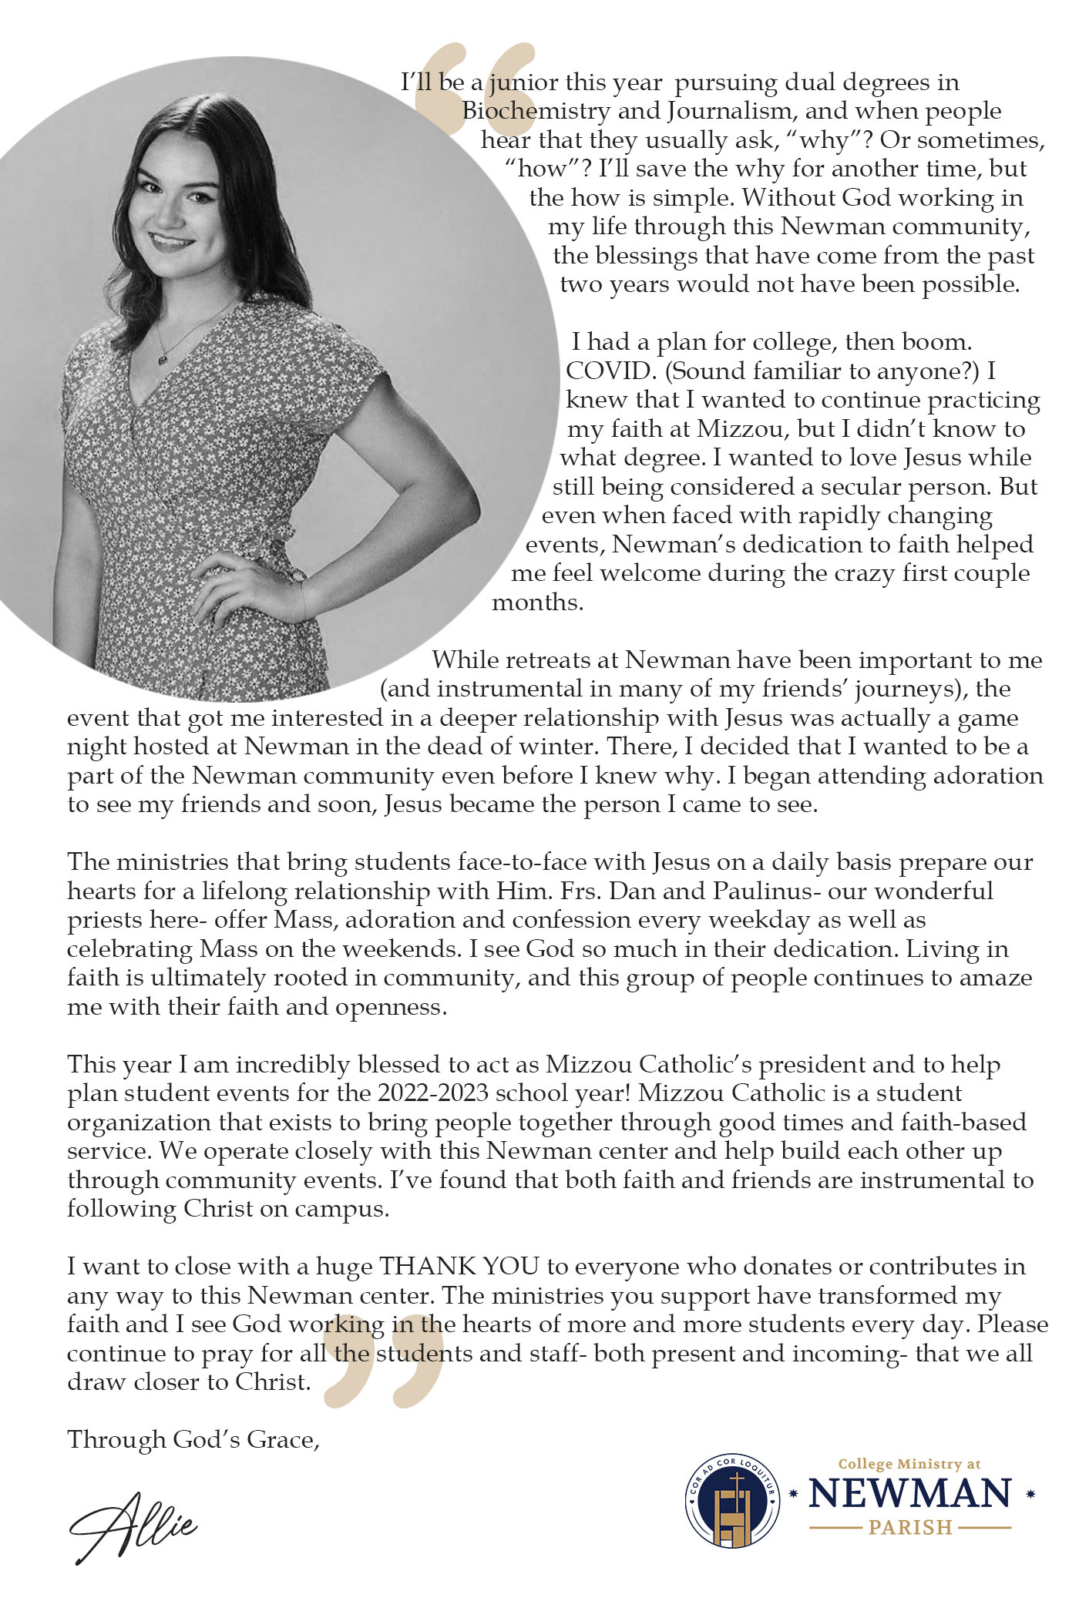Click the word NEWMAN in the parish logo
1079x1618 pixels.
click(x=909, y=1494)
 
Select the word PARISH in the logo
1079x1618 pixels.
click(x=910, y=1527)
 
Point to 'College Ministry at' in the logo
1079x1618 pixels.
click(x=909, y=1464)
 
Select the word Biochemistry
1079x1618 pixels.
click(x=536, y=111)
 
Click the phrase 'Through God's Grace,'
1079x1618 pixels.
click(x=193, y=1440)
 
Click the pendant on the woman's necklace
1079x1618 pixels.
click(x=164, y=357)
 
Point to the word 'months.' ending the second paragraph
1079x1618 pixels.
click(x=537, y=603)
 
